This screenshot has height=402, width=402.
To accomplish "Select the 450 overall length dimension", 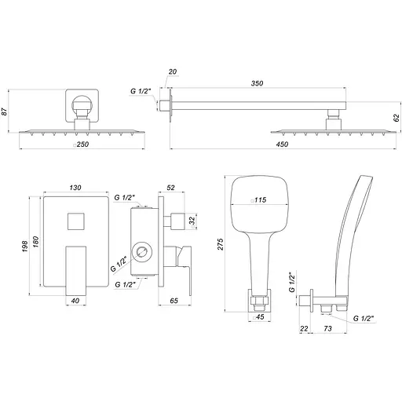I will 281,144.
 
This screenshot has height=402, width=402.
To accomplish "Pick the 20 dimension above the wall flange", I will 174,71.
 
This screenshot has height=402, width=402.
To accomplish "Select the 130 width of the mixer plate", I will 75,188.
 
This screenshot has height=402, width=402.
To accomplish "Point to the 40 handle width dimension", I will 75,300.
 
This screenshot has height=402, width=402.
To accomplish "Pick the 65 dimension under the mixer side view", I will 176,300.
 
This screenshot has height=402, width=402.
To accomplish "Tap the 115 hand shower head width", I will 257,201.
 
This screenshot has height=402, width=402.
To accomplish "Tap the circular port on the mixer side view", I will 142,252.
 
